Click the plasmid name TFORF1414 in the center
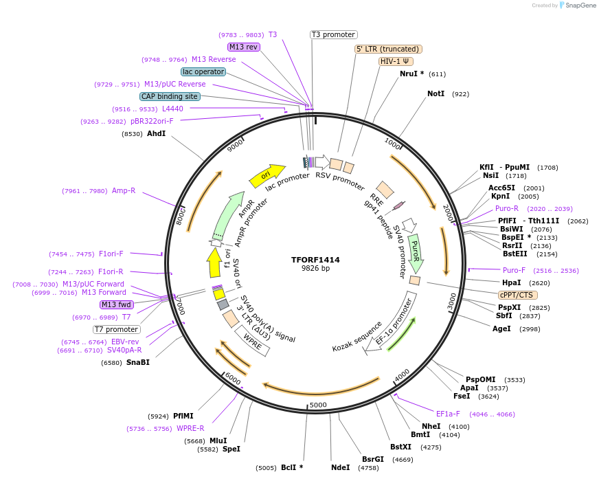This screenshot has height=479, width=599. click(315, 260)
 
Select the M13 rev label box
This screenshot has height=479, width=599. click(244, 47)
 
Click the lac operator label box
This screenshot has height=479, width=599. click(203, 71)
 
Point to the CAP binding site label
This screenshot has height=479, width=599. click(170, 97)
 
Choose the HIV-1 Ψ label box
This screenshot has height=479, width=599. click(396, 61)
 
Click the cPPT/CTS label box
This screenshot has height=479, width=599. click(517, 295)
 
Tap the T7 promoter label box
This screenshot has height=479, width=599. click(117, 329)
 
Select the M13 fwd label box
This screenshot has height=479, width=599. click(117, 304)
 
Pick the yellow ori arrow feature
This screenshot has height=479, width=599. click(267, 175)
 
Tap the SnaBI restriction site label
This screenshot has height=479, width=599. click(137, 362)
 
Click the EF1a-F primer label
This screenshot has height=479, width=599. click(448, 414)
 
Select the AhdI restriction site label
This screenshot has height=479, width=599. click(156, 133)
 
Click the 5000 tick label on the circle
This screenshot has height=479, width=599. click(318, 405)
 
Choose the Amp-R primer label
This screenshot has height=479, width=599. click(124, 191)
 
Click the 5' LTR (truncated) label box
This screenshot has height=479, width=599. click(388, 49)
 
